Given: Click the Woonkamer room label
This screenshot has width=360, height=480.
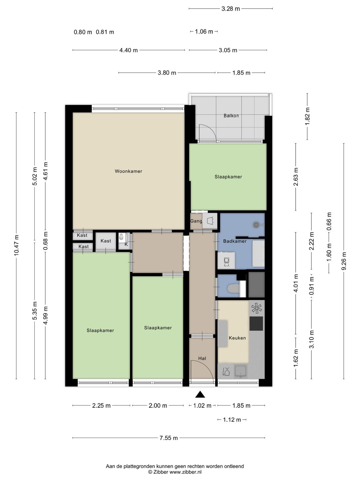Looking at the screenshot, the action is point(128,171).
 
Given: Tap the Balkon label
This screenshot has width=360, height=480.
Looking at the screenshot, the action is point(231,116).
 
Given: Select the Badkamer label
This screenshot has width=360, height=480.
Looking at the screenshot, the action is point(235,241).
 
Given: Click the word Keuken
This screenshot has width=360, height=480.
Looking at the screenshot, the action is point(237,338).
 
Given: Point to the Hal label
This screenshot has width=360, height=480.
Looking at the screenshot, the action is point(202,358).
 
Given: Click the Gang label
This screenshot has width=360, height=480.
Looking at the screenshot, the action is point(196,221).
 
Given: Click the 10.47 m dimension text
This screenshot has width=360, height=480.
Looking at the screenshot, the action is point(16,245).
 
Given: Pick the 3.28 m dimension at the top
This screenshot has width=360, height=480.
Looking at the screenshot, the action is point(231,9).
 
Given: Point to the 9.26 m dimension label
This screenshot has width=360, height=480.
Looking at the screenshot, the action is point(344,261).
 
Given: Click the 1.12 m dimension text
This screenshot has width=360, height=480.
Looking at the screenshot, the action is point(232,420).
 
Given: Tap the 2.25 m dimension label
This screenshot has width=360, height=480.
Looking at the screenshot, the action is point(101,406).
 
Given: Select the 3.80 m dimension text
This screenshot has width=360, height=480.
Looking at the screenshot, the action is point(167,73).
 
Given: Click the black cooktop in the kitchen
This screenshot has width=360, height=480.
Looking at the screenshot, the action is point(256,323).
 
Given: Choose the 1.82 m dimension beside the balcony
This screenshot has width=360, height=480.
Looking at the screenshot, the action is point(307,116).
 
